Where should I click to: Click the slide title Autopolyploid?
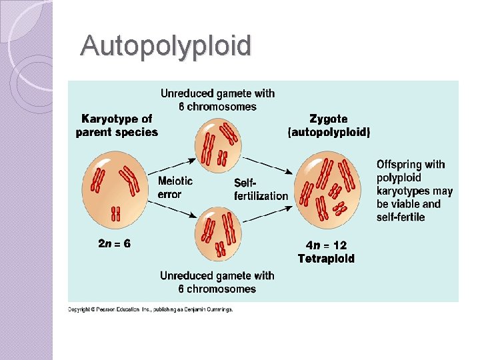click(166, 46)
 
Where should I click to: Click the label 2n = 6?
click(115, 244)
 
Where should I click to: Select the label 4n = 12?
click(326, 245)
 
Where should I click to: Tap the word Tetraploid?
click(326, 258)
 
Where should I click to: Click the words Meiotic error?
click(175, 187)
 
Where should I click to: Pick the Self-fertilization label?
click(261, 189)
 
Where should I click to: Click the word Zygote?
click(328, 119)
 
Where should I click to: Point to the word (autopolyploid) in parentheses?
click(328, 132)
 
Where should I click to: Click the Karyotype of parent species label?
click(117, 125)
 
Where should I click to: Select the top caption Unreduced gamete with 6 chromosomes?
click(217, 100)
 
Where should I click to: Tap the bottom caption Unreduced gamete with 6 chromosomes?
click(217, 282)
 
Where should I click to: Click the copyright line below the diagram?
click(151, 309)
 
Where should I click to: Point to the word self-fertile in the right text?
click(401, 217)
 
